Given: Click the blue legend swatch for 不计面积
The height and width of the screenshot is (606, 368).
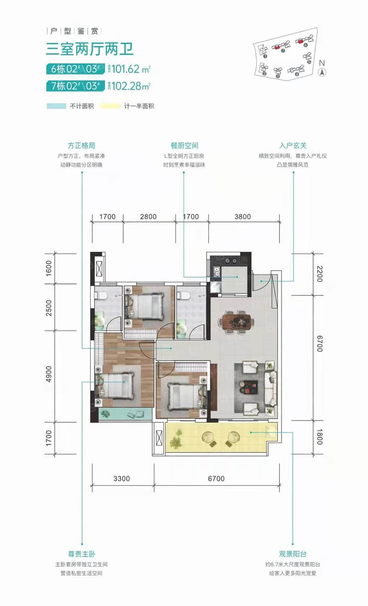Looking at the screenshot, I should pyautogui.click(x=57, y=106).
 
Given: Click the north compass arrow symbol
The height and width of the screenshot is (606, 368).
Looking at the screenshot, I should pyautogui.click(x=322, y=72).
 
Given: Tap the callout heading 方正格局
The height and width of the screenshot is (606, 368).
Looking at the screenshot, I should pyautogui.click(x=82, y=146).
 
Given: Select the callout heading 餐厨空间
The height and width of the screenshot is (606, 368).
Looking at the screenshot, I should pyautogui.click(x=184, y=146).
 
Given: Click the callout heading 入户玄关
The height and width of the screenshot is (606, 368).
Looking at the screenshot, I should pyautogui.click(x=293, y=146).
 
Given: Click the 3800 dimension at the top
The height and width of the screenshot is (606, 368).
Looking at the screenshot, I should pyautogui.click(x=242, y=216).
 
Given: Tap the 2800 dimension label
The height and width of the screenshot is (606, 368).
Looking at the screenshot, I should pyautogui.click(x=148, y=216).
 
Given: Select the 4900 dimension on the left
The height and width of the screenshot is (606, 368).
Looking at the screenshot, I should pyautogui.click(x=49, y=375).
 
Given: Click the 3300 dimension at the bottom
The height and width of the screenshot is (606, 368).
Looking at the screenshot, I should pyautogui.click(x=122, y=479).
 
